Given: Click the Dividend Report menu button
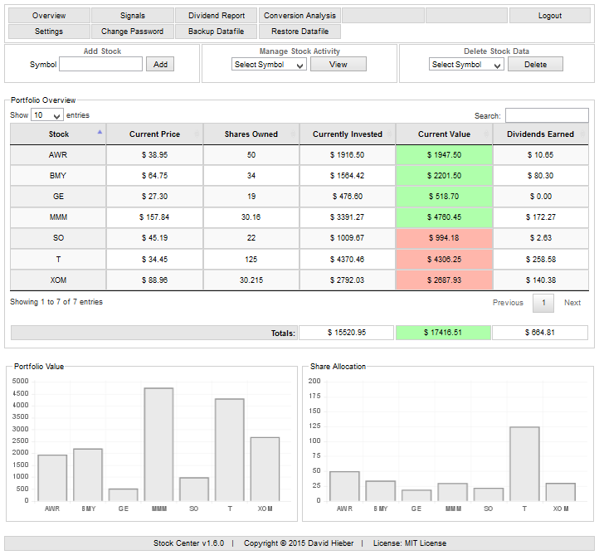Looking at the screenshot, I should point(217,16).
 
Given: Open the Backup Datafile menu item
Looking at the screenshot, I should point(217,32).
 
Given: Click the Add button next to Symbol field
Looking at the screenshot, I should point(160,65).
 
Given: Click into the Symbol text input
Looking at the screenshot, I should point(101,65).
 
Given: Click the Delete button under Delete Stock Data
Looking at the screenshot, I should point(535,65).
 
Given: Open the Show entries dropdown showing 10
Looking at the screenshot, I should point(47,116).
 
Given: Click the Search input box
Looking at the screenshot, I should point(546,116).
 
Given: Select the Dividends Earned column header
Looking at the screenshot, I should point(540,134).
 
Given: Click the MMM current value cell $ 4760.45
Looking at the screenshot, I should point(444,218).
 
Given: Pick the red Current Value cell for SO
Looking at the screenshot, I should point(444,239).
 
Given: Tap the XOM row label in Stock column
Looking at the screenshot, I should point(58,280).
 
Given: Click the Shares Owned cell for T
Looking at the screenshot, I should point(251,260).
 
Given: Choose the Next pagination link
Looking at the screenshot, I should point(572,303).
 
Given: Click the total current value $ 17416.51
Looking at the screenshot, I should point(444,333).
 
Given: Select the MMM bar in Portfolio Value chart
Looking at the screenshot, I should point(158,445).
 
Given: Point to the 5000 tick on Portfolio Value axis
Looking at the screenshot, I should point(21,382).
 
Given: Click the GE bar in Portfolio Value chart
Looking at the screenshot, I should point(123,494).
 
